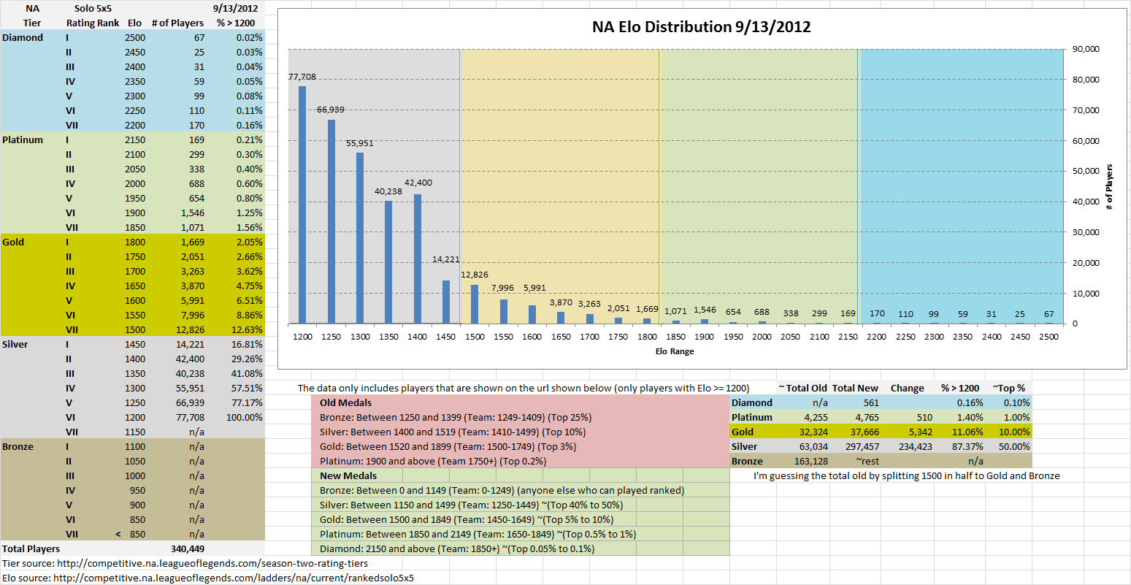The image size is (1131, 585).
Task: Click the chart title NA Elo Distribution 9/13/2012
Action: [701, 28]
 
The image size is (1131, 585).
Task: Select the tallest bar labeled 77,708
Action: [302, 204]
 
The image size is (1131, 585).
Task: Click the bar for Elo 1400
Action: [417, 259]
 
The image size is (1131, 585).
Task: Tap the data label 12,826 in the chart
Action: [475, 275]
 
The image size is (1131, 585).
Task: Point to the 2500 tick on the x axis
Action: [1049, 337]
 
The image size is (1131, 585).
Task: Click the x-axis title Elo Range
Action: [675, 351]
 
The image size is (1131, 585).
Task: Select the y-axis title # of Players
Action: [1109, 188]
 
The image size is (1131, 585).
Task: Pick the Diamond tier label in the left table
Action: [23, 37]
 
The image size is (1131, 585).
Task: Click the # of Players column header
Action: [177, 23]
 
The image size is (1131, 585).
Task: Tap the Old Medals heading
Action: [345, 402]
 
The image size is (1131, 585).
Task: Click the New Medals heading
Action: [348, 475]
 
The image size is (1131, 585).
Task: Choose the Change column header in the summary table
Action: [907, 388]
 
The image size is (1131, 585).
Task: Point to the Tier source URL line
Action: [185, 563]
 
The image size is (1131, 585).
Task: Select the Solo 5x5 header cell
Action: [93, 8]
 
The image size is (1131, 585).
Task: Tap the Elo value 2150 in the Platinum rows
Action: [134, 139]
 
